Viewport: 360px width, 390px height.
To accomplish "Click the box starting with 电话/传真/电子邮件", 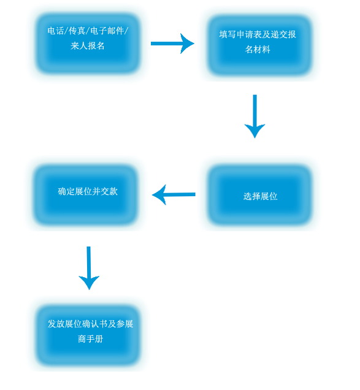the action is click(88, 44).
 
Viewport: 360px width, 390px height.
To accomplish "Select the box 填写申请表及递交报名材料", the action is click(259, 45).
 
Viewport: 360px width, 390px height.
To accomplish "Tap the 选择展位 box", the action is click(259, 195).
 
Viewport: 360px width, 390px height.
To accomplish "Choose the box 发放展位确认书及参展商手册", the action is click(88, 336).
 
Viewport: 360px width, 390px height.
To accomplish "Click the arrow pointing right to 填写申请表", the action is click(172, 44).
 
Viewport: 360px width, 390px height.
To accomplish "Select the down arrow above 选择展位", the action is click(255, 116).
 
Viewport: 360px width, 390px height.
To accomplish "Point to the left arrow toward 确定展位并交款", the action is click(174, 194).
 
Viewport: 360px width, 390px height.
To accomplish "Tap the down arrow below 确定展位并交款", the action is click(89, 268).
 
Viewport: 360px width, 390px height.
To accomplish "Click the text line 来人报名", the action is click(88, 46).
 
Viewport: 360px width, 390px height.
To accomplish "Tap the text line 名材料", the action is click(258, 50).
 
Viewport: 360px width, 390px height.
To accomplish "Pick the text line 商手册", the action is click(91, 338).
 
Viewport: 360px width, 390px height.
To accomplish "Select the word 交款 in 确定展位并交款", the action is click(109, 191).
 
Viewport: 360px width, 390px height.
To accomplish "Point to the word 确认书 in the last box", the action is click(95, 324).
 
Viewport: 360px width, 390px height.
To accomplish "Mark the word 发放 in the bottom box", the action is click(56, 324).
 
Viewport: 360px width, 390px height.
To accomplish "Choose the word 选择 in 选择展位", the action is click(252, 196).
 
